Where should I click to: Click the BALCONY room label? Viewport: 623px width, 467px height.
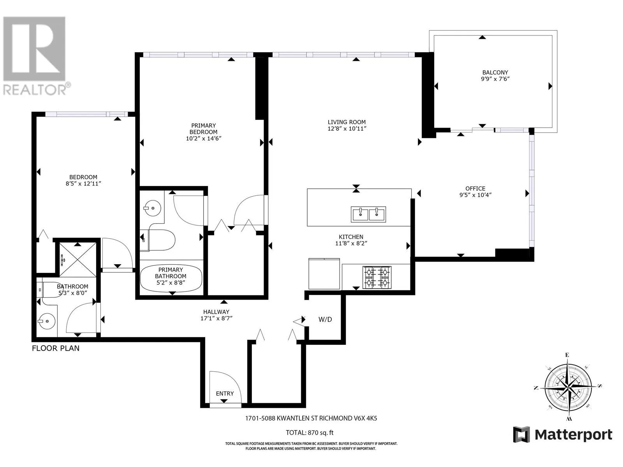(495, 72)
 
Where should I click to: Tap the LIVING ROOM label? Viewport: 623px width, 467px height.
(347, 122)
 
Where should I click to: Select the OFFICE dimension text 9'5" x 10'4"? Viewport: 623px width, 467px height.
(475, 195)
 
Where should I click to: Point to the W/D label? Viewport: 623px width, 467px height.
(325, 320)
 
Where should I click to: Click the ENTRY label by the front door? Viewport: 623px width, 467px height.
(225, 393)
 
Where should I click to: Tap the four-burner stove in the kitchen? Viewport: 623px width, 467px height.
(377, 277)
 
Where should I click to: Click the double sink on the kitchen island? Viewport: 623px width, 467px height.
(368, 214)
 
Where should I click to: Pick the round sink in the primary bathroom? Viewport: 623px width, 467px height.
(152, 208)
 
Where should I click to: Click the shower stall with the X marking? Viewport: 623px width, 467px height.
(77, 259)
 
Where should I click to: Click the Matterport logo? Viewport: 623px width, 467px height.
(562, 435)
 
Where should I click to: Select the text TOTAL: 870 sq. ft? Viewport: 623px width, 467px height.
(310, 433)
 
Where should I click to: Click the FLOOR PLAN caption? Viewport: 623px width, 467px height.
(56, 348)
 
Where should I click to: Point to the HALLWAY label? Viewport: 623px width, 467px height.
(216, 312)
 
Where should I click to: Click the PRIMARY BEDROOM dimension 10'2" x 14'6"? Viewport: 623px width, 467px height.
(203, 139)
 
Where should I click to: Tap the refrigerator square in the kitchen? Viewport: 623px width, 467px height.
(324, 273)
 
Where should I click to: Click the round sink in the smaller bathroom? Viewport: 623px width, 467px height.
(47, 321)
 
